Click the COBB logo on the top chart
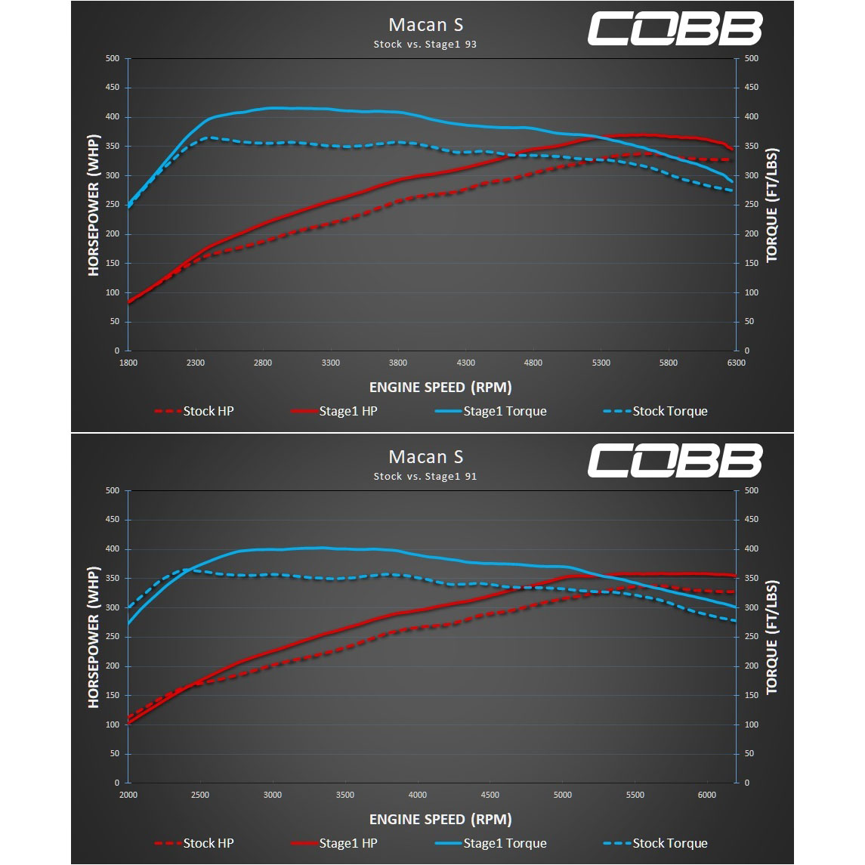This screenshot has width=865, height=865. tap(675, 29)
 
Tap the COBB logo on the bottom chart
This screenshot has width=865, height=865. tap(675, 461)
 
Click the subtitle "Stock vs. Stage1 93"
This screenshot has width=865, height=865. tap(425, 44)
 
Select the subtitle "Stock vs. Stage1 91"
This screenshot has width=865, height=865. tap(425, 476)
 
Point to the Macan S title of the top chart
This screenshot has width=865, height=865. tap(426, 25)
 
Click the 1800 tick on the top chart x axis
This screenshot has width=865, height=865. tap(128, 363)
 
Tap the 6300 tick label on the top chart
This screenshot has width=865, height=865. tap(737, 363)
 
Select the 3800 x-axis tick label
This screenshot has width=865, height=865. tap(398, 363)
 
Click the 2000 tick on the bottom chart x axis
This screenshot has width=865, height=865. tap(128, 795)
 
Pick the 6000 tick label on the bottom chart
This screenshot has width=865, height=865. tap(707, 795)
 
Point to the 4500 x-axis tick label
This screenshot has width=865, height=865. tap(490, 795)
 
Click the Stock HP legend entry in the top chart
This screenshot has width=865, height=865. tap(194, 412)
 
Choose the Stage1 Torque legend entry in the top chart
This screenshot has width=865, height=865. tap(491, 412)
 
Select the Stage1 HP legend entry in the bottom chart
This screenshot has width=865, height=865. tap(335, 844)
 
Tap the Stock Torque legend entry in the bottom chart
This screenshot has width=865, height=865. tap(656, 844)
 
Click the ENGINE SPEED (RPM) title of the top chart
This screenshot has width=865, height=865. tap(440, 388)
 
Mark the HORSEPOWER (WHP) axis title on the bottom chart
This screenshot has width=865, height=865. tap(93, 637)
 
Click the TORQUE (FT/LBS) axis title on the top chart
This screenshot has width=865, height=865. tap(771, 205)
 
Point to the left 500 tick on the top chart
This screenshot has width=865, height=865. tap(113, 58)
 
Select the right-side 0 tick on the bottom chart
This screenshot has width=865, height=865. tap(747, 783)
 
